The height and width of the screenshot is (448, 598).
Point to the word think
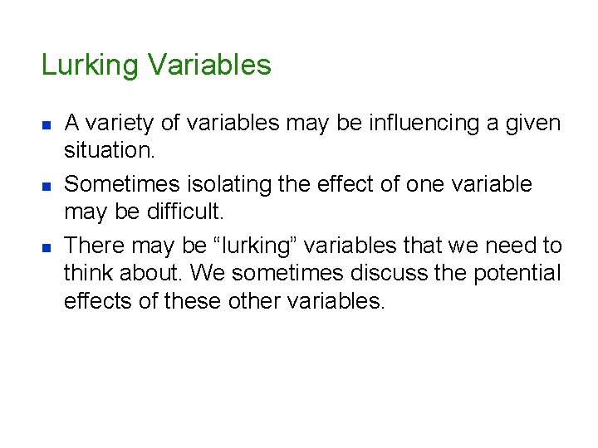pyautogui.click(x=88, y=273)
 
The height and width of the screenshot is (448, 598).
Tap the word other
pyautogui.click(x=249, y=300)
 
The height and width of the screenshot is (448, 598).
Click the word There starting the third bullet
pyautogui.click(x=91, y=246)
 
